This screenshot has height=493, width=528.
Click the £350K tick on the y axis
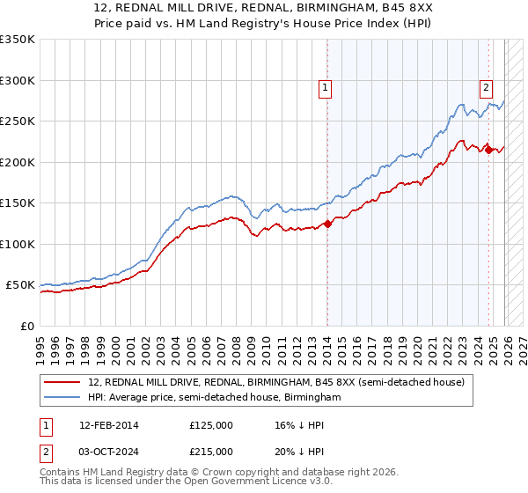(x=18, y=40)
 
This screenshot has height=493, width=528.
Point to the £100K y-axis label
(x=18, y=244)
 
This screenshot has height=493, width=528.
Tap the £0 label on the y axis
(x=27, y=326)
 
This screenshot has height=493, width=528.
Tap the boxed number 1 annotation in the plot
(x=326, y=87)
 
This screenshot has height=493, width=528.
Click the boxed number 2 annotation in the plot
(x=486, y=87)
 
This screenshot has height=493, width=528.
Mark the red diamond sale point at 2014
(x=327, y=224)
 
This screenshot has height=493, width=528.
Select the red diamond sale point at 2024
(x=488, y=150)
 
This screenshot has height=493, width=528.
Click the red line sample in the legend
(x=64, y=382)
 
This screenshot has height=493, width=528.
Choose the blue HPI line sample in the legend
(x=64, y=397)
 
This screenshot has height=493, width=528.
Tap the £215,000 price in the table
(x=210, y=452)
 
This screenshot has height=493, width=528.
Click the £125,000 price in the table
(x=210, y=425)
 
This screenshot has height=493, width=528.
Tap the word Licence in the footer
(x=263, y=483)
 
